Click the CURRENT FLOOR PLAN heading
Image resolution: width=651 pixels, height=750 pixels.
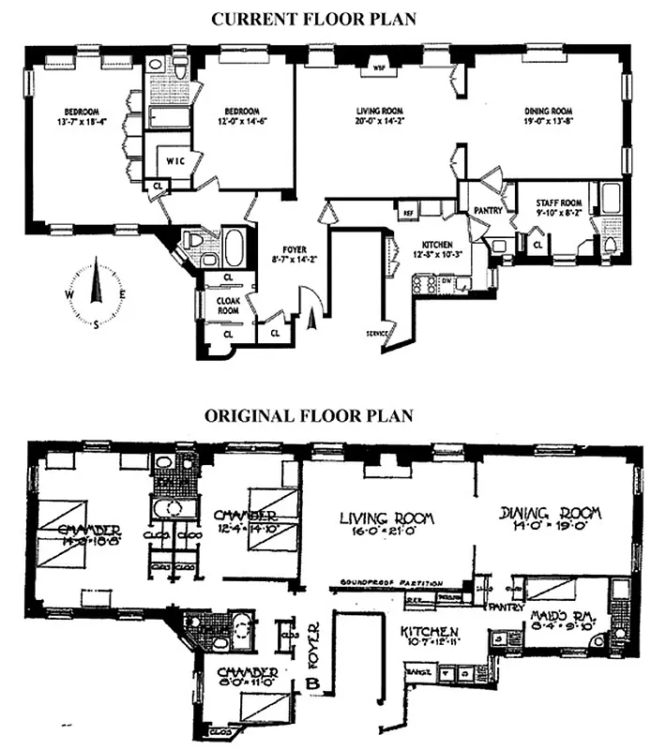325,18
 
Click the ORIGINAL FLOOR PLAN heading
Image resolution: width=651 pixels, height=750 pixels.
325,415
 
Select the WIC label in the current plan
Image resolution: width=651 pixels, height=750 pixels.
175,161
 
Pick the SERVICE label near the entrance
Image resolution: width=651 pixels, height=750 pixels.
377,334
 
